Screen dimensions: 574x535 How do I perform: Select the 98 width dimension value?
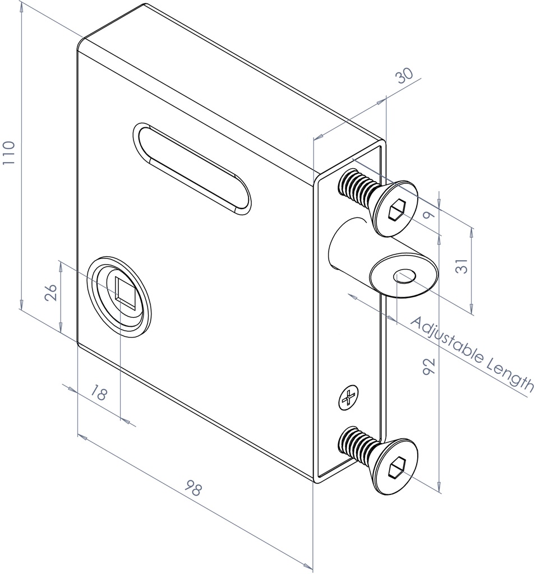(193, 489)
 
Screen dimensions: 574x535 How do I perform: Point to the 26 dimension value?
(50, 293)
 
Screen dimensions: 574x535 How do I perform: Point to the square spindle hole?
(126, 293)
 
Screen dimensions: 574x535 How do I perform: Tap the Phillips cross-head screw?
(348, 399)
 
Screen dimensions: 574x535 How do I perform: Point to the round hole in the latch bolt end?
(405, 276)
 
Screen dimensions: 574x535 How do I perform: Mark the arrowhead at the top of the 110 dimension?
(21, 7)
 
